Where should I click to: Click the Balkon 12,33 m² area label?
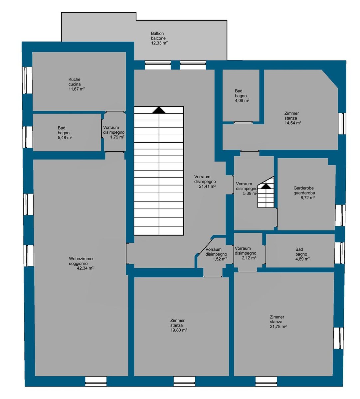(159, 38)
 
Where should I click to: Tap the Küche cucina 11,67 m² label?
(77, 84)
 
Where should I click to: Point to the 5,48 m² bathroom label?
(65, 133)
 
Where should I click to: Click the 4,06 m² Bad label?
(242, 96)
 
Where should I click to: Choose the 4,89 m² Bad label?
(302, 254)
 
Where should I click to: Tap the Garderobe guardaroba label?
(304, 193)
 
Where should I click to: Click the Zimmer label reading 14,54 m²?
(292, 118)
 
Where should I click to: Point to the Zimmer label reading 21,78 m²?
(278, 322)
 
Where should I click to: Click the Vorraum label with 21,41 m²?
(205, 182)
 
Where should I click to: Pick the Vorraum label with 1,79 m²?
(114, 132)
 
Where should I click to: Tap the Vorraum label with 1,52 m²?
(216, 254)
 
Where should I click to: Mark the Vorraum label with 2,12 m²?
(246, 253)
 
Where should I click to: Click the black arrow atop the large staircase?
(159, 110)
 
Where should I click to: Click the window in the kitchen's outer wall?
(28, 80)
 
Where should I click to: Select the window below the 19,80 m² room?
(184, 381)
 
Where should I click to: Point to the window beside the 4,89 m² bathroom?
(340, 253)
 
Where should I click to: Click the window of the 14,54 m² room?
(342, 123)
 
